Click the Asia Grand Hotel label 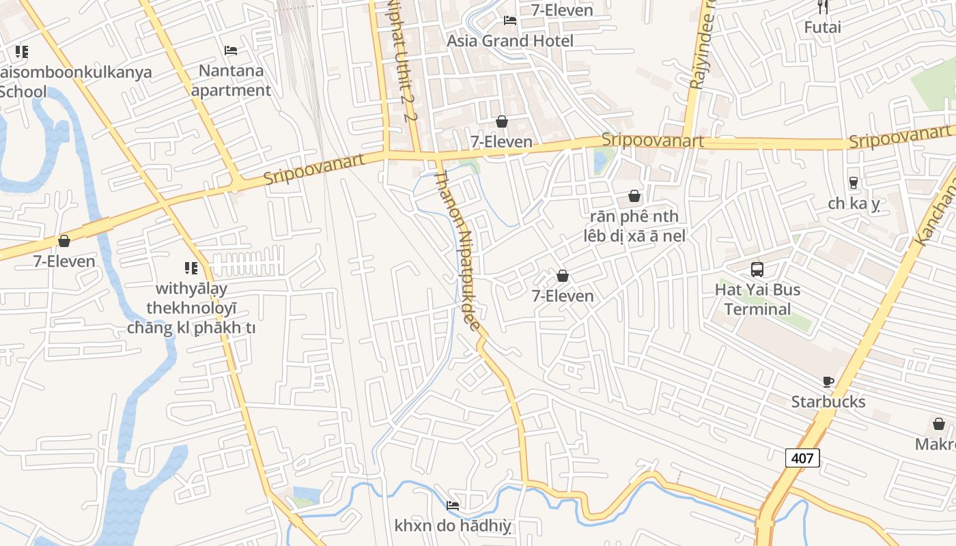509,41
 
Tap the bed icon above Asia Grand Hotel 509,20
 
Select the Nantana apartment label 231,81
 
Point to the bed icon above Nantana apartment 231,51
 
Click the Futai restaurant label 822,27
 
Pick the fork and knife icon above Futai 822,8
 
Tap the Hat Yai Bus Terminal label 757,299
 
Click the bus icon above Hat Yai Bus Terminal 757,269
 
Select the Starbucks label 828,402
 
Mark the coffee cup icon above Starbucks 828,382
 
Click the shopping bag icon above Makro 939,424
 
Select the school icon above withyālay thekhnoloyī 191,268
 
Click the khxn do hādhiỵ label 452,526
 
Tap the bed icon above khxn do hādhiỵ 452,506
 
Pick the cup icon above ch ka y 853,183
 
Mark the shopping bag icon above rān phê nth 634,197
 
